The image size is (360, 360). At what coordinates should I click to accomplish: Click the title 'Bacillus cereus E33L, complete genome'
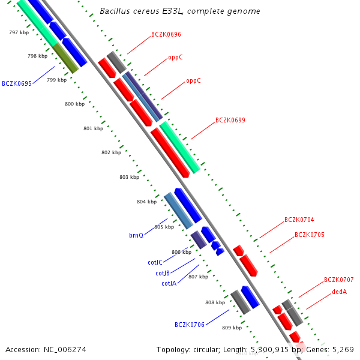[x=180, y=11]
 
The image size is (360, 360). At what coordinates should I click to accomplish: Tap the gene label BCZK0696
[x=166, y=35]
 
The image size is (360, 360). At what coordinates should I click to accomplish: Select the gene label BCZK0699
[x=230, y=120]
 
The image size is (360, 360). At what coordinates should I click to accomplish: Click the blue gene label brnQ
[x=136, y=235]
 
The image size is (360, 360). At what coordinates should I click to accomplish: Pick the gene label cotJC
[x=155, y=262]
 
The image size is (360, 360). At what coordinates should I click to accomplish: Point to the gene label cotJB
[x=163, y=273]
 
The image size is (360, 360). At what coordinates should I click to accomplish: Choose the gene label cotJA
[x=169, y=283]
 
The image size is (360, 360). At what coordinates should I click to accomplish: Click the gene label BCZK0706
[x=190, y=325]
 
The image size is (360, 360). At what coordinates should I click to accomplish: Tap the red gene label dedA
[x=339, y=292]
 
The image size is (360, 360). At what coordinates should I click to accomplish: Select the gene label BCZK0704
[x=299, y=220]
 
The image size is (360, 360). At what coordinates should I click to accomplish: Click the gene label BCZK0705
[x=310, y=235]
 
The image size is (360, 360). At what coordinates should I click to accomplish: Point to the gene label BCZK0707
[x=339, y=280]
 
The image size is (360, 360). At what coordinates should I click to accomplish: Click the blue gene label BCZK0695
[x=17, y=83]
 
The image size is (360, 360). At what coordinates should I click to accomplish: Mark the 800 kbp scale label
[x=75, y=104]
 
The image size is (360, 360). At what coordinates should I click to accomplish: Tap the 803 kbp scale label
[x=129, y=177]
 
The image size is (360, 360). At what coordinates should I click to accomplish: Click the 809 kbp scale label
[x=232, y=328]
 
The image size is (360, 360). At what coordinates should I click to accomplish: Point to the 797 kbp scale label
[x=19, y=32]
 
